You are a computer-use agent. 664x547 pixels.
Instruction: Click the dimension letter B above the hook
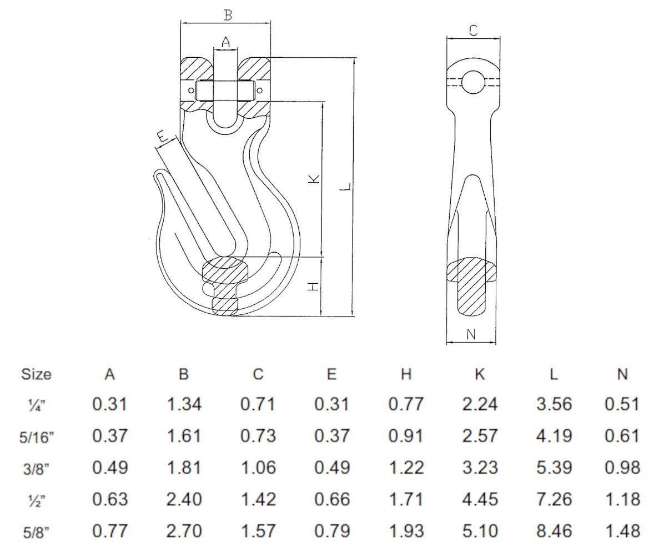pos(227,15)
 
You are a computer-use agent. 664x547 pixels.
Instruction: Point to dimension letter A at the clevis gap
pos(225,42)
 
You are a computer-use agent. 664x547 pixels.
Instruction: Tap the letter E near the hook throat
pos(162,136)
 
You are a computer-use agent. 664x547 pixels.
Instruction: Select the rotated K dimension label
pos(314,179)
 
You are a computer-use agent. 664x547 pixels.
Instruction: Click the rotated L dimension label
pos(345,188)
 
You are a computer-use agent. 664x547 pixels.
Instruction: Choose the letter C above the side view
pos(473,31)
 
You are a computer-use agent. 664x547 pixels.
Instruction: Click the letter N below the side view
pos(471,334)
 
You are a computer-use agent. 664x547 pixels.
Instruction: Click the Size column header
pos(36,374)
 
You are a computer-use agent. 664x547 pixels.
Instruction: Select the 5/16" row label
pos(36,436)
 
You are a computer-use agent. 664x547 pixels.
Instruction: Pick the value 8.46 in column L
pos(554,530)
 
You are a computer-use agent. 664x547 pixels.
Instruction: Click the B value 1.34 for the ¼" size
pos(184,404)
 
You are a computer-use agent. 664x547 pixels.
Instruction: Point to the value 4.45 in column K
pos(480,499)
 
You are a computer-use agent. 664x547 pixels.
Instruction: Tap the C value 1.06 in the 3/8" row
pos(258,468)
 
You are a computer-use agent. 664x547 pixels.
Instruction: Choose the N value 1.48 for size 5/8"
pos(622,530)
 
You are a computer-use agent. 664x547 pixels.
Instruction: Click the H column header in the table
pos(406,374)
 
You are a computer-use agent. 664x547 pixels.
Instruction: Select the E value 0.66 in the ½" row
pos(332,499)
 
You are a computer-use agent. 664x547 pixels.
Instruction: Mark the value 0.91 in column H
pos(406,436)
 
